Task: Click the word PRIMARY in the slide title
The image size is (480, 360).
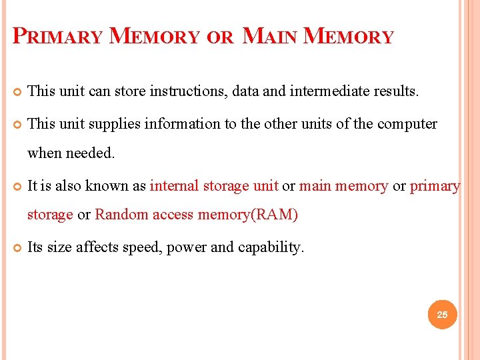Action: pos(58,36)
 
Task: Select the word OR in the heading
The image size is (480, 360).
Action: pos(220,37)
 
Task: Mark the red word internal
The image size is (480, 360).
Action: pos(174,186)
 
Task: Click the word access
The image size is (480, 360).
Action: pos(173,215)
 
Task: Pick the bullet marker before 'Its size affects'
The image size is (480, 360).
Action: pos(16,248)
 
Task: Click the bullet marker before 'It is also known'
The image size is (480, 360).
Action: pos(16,187)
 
